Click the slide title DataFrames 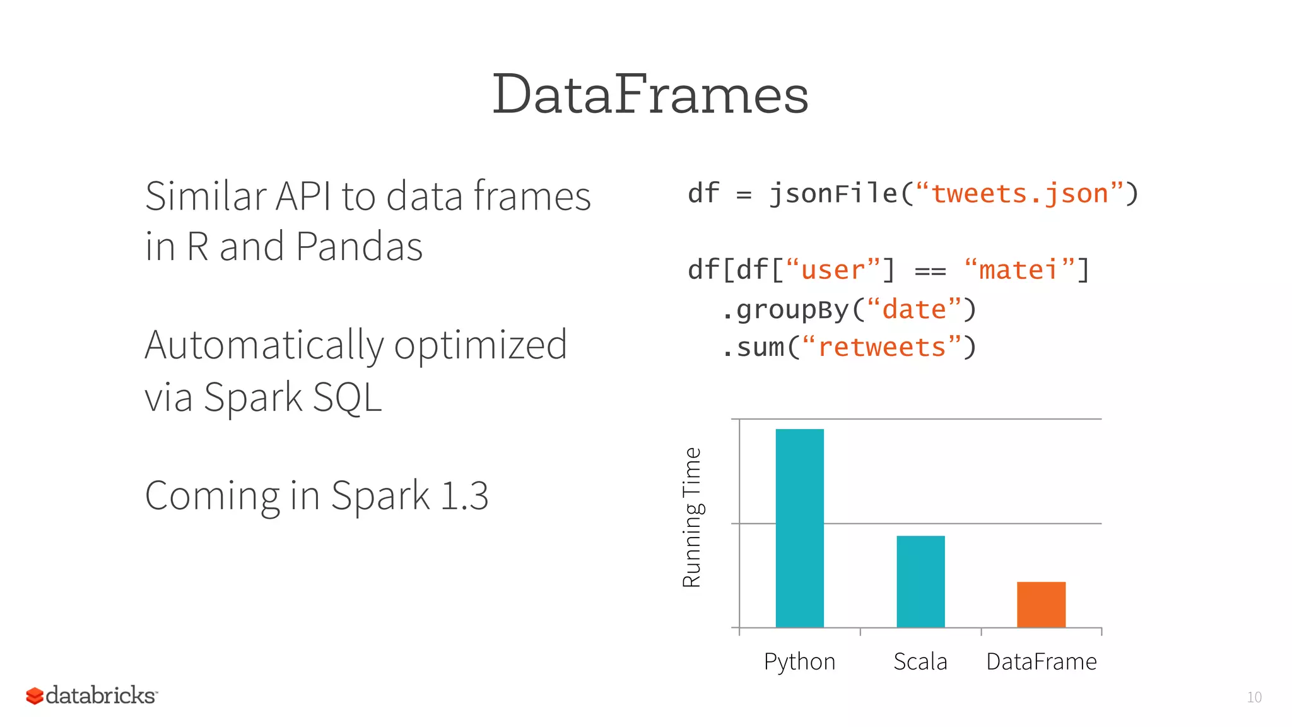tap(650, 95)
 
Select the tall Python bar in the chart tap(799, 528)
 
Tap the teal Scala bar tap(920, 581)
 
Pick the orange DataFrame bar tap(1041, 604)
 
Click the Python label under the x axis tap(799, 662)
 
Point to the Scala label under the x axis tap(920, 661)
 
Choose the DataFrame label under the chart tap(1042, 661)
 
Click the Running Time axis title tap(692, 517)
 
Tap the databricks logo tap(91, 695)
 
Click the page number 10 tap(1254, 697)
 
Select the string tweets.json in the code tap(1019, 194)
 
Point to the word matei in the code tap(1018, 270)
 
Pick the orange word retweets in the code tap(881, 348)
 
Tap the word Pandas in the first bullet tap(359, 246)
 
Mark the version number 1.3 tap(464, 496)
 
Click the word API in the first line tap(303, 196)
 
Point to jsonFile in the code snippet tap(833, 194)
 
